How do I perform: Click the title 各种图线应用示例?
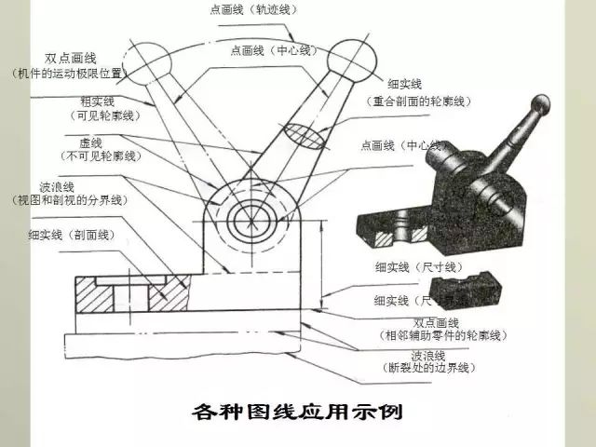[x=297, y=411]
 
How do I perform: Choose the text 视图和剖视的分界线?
[x=69, y=200]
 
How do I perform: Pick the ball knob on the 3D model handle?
[x=539, y=104]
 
